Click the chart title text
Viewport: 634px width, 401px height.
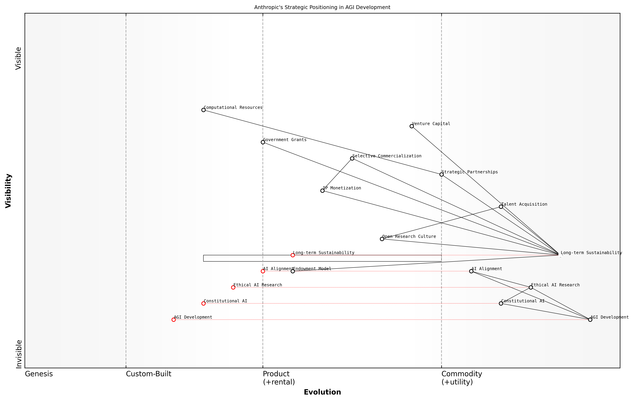pos(322,7)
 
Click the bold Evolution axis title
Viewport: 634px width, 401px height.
pos(322,392)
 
